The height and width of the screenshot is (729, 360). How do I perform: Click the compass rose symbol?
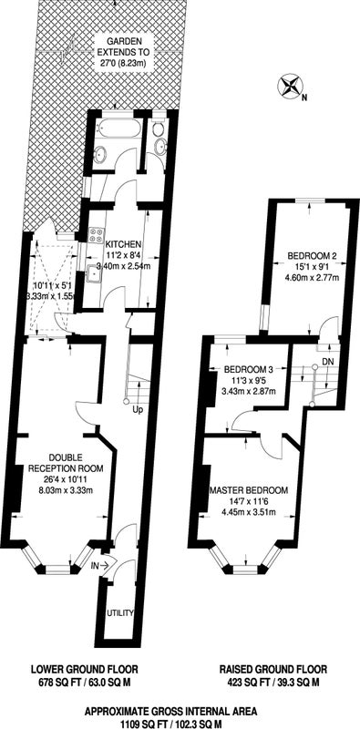(x=290, y=87)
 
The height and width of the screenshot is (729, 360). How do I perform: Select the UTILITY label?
(x=120, y=612)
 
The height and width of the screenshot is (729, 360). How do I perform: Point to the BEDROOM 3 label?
(x=249, y=370)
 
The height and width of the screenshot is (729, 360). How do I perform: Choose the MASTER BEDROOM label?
(x=249, y=490)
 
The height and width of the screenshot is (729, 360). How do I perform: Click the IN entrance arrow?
(x=101, y=565)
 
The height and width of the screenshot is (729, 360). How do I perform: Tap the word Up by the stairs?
(x=138, y=409)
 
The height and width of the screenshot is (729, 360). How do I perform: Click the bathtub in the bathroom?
(x=118, y=127)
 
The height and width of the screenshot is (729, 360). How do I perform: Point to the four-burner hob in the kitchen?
(x=97, y=235)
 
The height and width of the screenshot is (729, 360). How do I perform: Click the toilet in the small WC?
(x=159, y=127)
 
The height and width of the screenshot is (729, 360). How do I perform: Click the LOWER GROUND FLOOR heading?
(x=84, y=670)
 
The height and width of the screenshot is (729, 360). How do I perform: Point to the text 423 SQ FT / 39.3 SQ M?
(x=273, y=683)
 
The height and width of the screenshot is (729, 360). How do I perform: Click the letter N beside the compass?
(x=303, y=98)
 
